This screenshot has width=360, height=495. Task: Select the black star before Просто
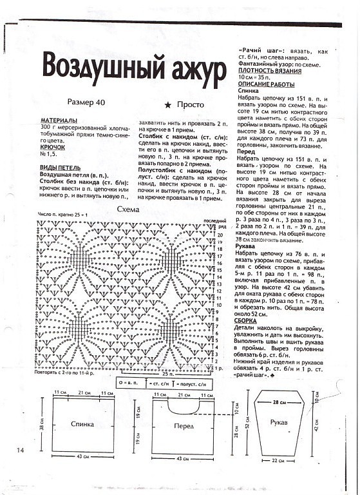[167, 104]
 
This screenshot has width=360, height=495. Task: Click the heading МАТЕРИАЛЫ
[59, 121]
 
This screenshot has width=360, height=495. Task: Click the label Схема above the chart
[126, 210]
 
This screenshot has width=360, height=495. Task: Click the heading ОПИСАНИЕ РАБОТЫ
[266, 84]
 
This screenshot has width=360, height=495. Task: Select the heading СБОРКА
[249, 320]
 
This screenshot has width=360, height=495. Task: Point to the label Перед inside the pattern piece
[184, 426]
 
